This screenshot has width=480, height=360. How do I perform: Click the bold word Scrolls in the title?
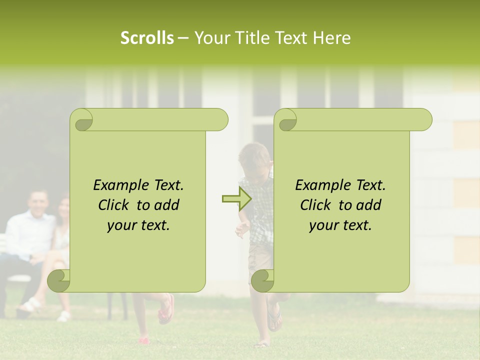pyautogui.click(x=147, y=38)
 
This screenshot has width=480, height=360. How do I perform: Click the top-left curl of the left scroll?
pyautogui.click(x=83, y=120)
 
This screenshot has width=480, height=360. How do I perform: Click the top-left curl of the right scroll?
pyautogui.click(x=287, y=120)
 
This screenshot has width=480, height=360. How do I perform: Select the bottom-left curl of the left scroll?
pyautogui.click(x=59, y=280)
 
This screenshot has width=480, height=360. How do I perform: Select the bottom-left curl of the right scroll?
pyautogui.click(x=262, y=280)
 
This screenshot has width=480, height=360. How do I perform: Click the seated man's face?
pyautogui.click(x=38, y=202)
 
